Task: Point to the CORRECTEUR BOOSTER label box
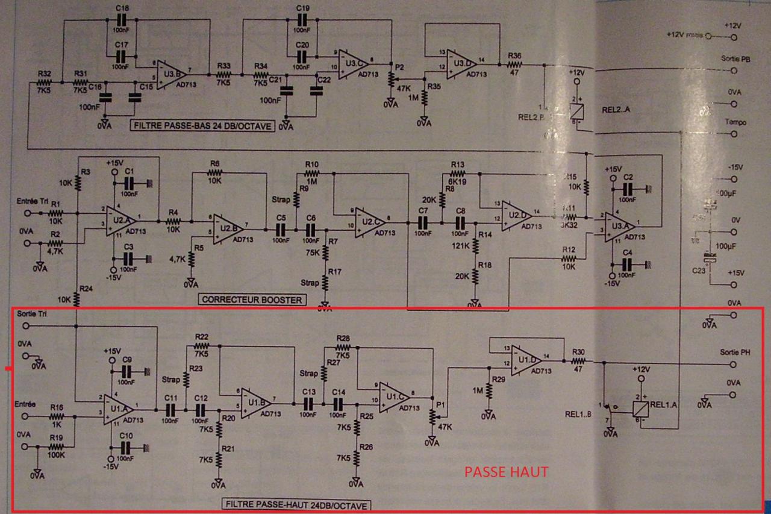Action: [252, 299]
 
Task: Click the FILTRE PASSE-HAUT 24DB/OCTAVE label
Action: [297, 504]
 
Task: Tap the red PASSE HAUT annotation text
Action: [507, 472]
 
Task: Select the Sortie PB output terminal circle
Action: [733, 71]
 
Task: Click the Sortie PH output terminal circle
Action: [733, 365]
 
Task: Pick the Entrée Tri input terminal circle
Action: [27, 213]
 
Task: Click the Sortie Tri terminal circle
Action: [25, 326]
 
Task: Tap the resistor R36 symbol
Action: [515, 64]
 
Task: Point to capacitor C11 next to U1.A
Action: [170, 409]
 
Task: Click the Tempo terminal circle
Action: [733, 134]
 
